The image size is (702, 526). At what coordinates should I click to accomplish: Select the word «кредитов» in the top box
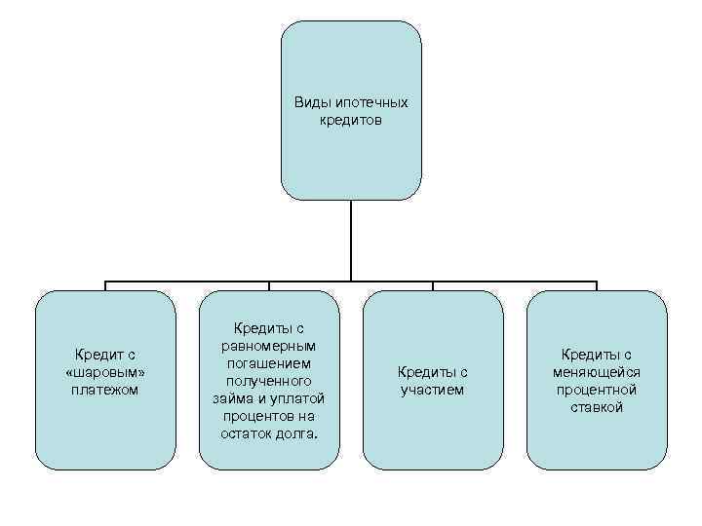[351, 121]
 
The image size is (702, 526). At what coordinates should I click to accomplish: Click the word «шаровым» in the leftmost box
[104, 372]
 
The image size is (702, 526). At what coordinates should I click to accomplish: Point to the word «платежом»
[104, 390]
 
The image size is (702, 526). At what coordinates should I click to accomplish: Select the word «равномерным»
[269, 346]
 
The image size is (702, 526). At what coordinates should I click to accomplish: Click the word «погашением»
[269, 363]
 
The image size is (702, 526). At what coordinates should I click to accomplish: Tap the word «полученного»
[269, 381]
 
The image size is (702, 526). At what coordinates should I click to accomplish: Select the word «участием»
[432, 390]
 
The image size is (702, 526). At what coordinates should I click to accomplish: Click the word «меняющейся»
[597, 372]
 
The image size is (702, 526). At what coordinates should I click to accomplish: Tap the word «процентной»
[597, 390]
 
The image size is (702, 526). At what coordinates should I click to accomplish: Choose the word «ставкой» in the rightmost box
[597, 407]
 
